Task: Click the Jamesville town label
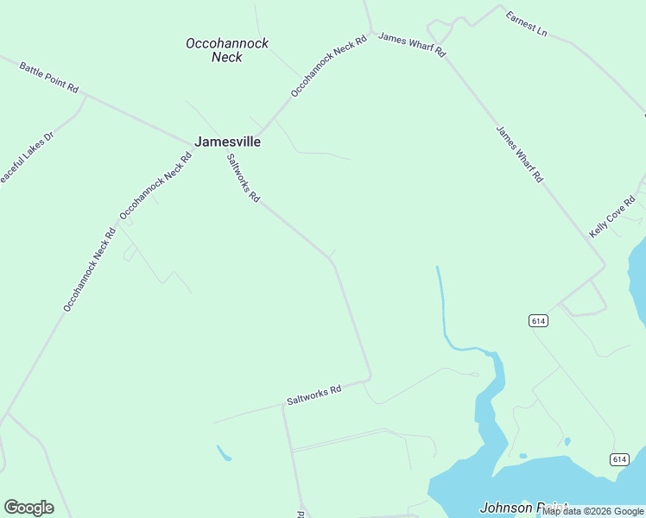[227, 142]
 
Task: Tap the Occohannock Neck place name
[227, 50]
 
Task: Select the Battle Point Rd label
[49, 77]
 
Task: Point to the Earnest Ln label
[526, 23]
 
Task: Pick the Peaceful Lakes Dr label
[24, 159]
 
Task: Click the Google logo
[28, 508]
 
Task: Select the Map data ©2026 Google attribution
[593, 511]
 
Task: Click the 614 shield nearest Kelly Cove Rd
[538, 321]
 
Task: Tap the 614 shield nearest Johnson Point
[618, 459]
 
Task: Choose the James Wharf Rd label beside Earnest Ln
[412, 45]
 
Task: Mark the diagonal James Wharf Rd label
[519, 155]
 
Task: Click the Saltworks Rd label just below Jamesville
[243, 178]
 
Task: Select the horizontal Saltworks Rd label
[314, 395]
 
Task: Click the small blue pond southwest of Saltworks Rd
[224, 452]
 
